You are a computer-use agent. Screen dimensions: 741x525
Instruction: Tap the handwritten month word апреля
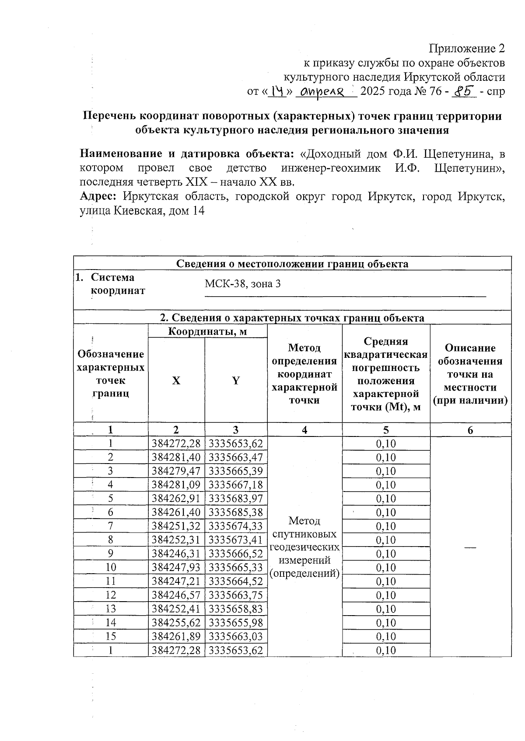point(325,92)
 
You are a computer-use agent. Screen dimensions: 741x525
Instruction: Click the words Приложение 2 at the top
point(467,48)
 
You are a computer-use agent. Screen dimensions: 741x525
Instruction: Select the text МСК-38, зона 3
point(243,284)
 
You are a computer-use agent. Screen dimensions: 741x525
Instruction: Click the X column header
point(176,381)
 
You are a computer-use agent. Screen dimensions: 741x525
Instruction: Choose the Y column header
point(236,381)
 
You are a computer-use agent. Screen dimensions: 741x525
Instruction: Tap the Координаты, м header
point(208,332)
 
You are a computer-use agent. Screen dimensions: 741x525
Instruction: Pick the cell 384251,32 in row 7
point(176,526)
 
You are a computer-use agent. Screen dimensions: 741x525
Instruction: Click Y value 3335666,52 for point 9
point(236,554)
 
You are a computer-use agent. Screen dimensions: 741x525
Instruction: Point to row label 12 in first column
point(111,595)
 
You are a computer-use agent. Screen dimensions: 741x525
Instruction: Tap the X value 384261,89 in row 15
point(176,636)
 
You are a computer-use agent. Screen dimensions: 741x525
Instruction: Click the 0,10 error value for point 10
point(386,568)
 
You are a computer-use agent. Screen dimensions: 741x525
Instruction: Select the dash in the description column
point(470,547)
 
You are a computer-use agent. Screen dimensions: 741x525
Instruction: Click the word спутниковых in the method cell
point(304,534)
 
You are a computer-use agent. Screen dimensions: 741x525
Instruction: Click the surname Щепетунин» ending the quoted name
point(469,168)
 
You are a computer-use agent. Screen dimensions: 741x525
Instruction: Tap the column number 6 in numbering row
point(470,430)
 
